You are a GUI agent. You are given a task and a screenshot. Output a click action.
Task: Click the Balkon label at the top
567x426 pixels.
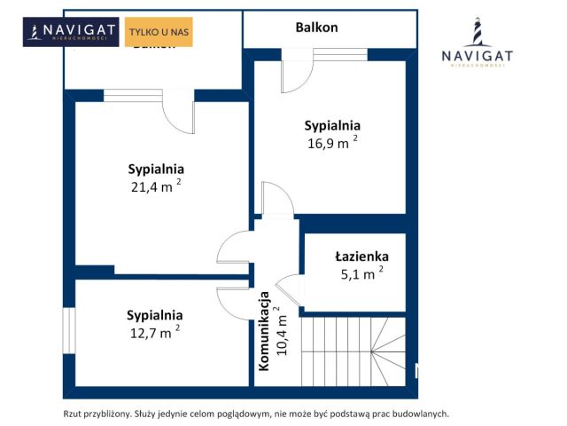tap(316, 27)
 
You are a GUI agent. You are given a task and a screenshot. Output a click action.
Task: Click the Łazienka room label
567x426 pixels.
tap(361, 256)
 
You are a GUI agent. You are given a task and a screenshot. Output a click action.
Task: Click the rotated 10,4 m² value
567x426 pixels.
tap(282, 330)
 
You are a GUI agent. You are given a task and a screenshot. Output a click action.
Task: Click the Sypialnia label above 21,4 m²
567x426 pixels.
tap(156, 169)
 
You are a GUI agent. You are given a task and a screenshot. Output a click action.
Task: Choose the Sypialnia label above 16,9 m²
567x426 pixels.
tap(332, 125)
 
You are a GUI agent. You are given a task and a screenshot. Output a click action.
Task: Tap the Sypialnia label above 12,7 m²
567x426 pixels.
tap(155, 314)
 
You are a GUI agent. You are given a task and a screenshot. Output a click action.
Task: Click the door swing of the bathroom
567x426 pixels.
tap(289, 289)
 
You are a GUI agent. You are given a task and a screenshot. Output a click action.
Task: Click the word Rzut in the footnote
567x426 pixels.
tap(73, 414)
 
